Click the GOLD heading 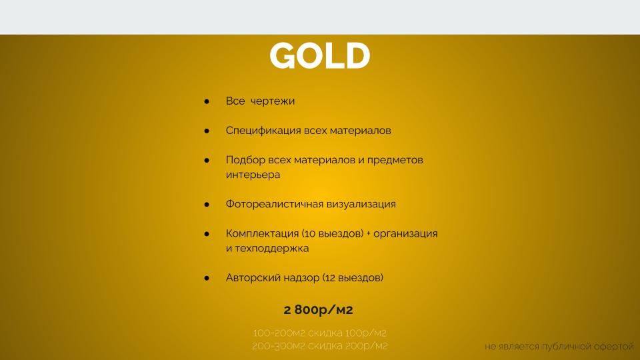(x=319, y=55)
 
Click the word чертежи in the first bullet (x=272, y=101)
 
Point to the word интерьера (x=253, y=175)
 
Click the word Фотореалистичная (x=274, y=204)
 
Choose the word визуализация (x=361, y=204)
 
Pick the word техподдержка (x=272, y=248)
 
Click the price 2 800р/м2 (x=319, y=310)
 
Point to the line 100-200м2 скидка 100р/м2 (x=319, y=333)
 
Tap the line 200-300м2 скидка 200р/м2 (x=319, y=346)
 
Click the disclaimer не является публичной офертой (x=559, y=347)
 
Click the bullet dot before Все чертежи (x=207, y=101)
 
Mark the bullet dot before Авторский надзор (x=207, y=278)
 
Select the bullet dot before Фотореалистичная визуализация (x=207, y=204)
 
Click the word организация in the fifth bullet (x=405, y=233)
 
